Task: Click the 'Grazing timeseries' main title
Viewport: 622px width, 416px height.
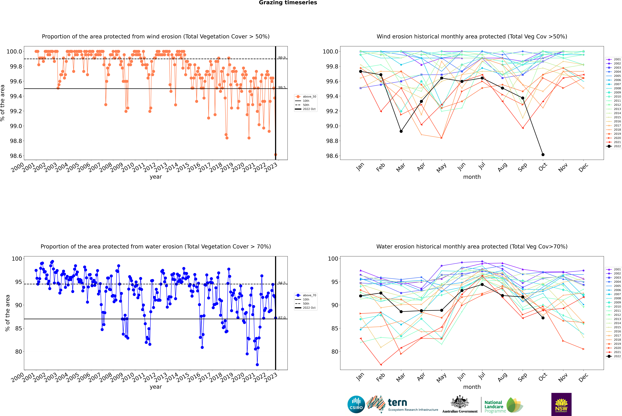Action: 288,3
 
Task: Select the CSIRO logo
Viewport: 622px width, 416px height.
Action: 356,404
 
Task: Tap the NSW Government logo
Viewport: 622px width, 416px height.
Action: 561,404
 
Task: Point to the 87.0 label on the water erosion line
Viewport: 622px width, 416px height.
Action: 282,318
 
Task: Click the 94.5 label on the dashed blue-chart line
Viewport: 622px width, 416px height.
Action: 282,283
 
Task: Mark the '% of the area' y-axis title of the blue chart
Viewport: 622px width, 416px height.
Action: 7,313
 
